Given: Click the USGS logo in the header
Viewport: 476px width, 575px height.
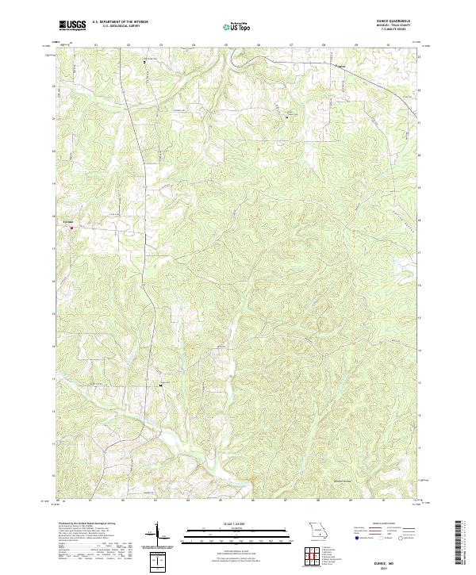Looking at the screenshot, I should pos(72,26).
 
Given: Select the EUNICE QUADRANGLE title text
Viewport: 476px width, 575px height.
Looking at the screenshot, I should pos(398,21).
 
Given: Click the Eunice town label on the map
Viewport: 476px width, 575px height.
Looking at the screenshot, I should pos(69,223).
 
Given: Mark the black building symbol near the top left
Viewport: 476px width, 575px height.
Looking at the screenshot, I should pos(144,61).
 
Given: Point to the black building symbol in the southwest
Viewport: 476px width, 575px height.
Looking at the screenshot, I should pos(162,385).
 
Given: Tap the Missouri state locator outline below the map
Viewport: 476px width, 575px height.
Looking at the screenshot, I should pos(318,529).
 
